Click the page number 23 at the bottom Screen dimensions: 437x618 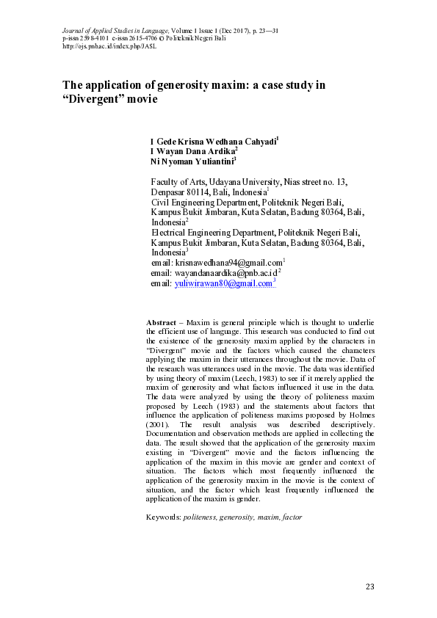click(x=370, y=586)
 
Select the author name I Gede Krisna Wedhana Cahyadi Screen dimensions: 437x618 click(x=213, y=141)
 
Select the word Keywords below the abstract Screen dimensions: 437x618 click(x=163, y=517)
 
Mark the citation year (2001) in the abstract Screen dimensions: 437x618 click(x=159, y=425)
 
